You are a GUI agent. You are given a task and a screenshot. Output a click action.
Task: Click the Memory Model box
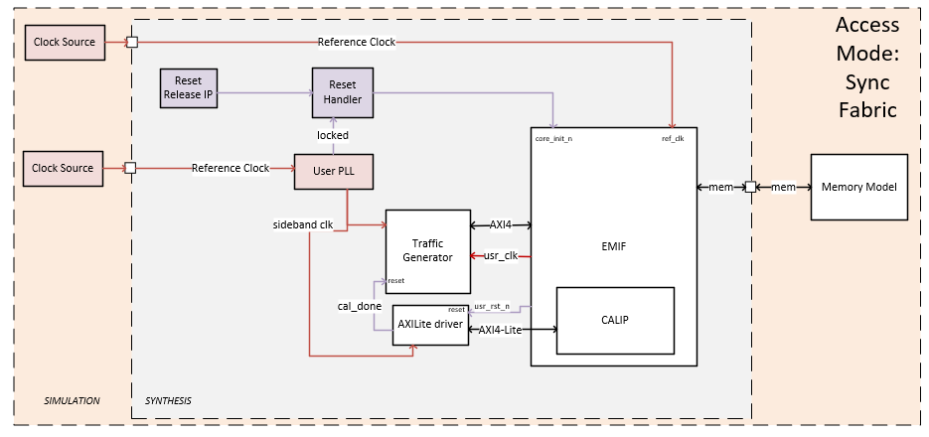point(859,187)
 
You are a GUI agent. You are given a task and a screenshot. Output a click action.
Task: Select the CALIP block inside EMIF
point(615,320)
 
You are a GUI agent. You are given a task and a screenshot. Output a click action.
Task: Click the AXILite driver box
point(430,324)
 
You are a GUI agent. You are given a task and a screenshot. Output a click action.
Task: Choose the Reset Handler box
point(342,92)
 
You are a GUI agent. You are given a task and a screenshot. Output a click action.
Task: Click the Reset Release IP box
point(188,87)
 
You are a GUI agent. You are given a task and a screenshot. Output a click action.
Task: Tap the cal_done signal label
point(361,306)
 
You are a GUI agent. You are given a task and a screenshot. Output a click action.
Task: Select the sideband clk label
point(302,224)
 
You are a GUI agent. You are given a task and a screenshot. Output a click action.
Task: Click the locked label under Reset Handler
point(333,134)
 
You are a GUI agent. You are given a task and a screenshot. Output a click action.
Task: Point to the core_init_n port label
point(553,138)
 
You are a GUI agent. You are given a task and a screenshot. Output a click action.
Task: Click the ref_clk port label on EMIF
point(673,138)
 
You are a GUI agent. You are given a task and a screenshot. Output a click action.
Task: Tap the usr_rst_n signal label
point(493,307)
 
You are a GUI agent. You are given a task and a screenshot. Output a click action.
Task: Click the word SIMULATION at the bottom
point(73,401)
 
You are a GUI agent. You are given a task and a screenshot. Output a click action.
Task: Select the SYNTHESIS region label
point(162,401)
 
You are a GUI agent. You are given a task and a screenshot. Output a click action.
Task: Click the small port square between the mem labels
point(751,187)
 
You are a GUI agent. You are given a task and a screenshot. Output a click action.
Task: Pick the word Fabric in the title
point(866,109)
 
